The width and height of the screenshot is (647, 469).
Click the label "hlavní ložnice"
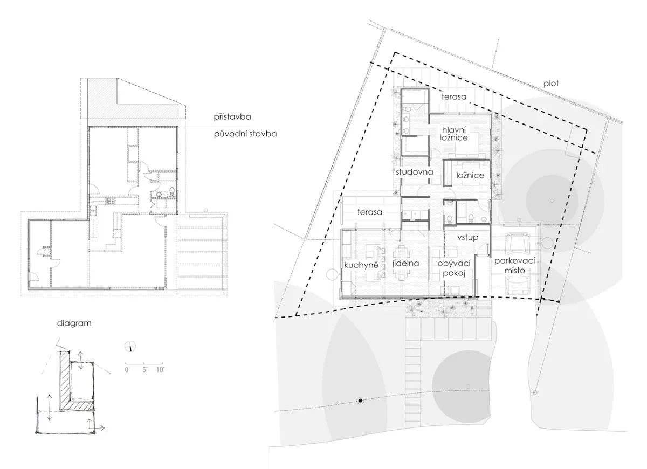tap(454, 134)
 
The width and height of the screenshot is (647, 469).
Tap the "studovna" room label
tap(415, 172)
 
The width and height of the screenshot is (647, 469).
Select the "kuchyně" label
tap(361, 265)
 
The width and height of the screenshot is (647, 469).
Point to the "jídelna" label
tap(406, 263)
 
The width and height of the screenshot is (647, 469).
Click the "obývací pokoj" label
tap(454, 268)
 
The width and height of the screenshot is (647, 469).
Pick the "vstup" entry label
tap(467, 237)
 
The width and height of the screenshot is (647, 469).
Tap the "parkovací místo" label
tap(515, 266)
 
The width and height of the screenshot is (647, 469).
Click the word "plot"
tap(551, 84)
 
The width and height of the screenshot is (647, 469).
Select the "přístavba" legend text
tap(232, 117)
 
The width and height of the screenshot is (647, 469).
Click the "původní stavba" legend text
tap(245, 134)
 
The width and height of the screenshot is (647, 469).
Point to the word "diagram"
tap(74, 323)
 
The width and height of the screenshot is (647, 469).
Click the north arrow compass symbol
tap(130, 346)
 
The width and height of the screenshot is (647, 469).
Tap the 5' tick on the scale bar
tap(144, 364)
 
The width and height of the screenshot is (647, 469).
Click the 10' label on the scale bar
tap(160, 370)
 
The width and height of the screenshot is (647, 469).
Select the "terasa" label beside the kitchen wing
tap(370, 212)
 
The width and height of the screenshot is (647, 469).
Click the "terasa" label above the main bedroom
tap(454, 96)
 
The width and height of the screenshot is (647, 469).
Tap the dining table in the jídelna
tap(401, 263)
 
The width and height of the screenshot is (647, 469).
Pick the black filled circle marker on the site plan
tap(360, 401)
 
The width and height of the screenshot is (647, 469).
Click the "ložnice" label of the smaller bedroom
tap(470, 175)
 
